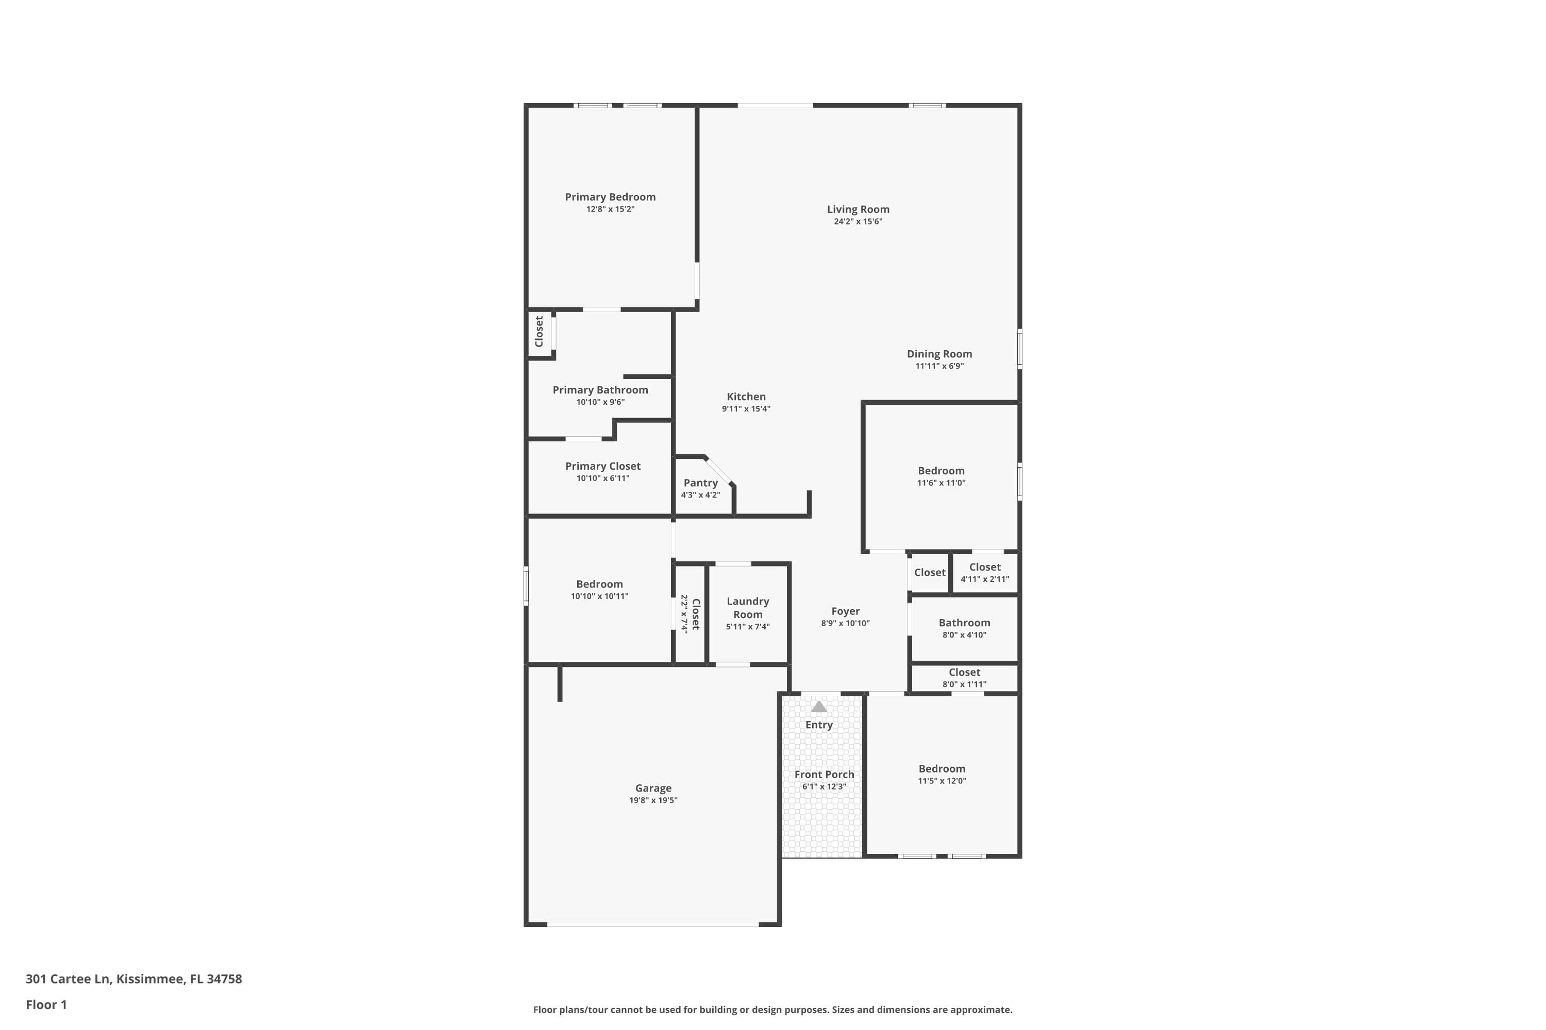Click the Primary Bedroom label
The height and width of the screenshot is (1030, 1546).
click(x=610, y=197)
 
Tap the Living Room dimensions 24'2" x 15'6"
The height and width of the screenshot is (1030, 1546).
click(x=858, y=222)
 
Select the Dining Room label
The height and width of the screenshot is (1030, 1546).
click(x=939, y=354)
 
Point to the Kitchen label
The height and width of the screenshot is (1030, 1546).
click(x=746, y=397)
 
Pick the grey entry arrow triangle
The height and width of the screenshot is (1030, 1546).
click(x=818, y=707)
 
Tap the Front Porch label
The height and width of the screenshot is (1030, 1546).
click(x=824, y=775)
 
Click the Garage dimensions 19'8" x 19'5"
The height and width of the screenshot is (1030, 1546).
click(x=653, y=801)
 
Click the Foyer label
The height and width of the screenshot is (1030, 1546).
click(x=845, y=612)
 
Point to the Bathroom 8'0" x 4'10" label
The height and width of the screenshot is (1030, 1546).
click(x=964, y=623)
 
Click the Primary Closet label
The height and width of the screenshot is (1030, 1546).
click(x=603, y=467)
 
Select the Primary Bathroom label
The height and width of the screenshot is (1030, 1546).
click(x=600, y=390)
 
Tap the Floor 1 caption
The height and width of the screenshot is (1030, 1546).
click(x=46, y=1004)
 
